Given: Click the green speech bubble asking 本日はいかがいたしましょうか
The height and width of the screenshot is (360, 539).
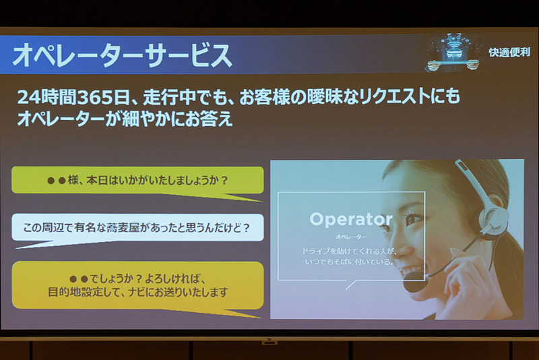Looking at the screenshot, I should tap(137, 181).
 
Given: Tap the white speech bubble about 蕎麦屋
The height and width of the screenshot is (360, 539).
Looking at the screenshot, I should tap(137, 228).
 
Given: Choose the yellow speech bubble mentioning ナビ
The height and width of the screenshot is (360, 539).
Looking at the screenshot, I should tap(137, 285).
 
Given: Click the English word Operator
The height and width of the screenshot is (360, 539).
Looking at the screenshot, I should tap(350, 219).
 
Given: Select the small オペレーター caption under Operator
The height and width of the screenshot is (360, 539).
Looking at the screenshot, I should tap(351, 237).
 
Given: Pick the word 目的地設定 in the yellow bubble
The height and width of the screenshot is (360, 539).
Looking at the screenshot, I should tap(75, 293).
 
